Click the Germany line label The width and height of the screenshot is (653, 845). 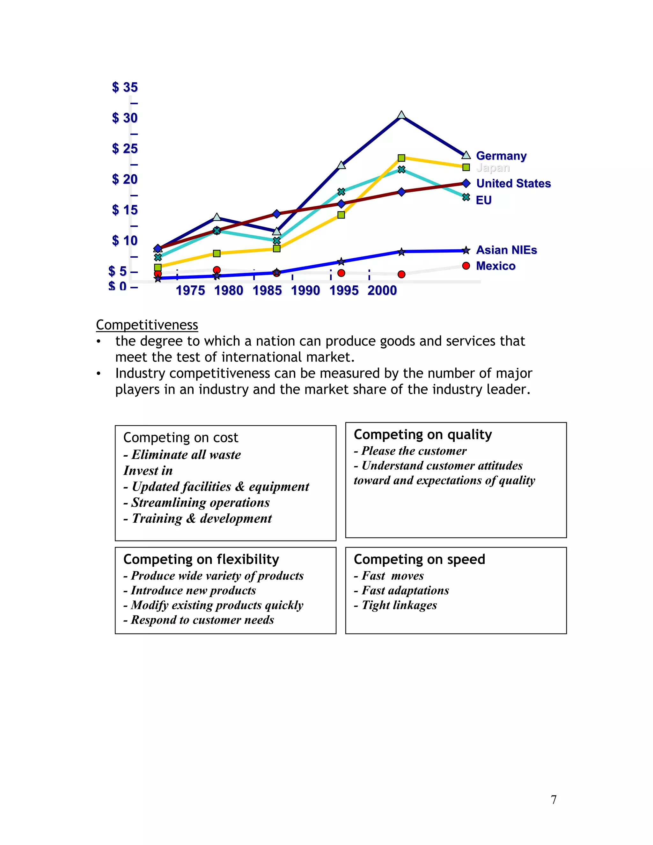pyautogui.click(x=501, y=156)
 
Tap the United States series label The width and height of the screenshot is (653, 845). pyautogui.click(x=513, y=183)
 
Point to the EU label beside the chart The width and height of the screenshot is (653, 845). pyautogui.click(x=484, y=200)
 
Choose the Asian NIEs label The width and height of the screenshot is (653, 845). pyautogui.click(x=506, y=250)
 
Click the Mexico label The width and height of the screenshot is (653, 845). pyautogui.click(x=495, y=266)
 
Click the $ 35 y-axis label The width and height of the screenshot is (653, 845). pyautogui.click(x=125, y=87)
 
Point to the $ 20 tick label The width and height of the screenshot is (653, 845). pyautogui.click(x=125, y=179)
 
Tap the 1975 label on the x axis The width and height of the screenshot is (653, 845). pyautogui.click(x=190, y=290)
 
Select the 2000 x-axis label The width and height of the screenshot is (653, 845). pyautogui.click(x=382, y=290)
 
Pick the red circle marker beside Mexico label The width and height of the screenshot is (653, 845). pyautogui.click(x=466, y=266)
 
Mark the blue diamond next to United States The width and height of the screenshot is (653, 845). pyautogui.click(x=466, y=183)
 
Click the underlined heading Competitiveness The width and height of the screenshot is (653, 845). pyautogui.click(x=147, y=325)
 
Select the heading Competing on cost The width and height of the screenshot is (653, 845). pyautogui.click(x=181, y=437)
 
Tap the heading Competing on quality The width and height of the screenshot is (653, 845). pyautogui.click(x=423, y=435)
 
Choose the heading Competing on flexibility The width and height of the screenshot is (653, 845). pyautogui.click(x=201, y=560)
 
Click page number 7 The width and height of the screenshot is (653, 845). pyautogui.click(x=554, y=799)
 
